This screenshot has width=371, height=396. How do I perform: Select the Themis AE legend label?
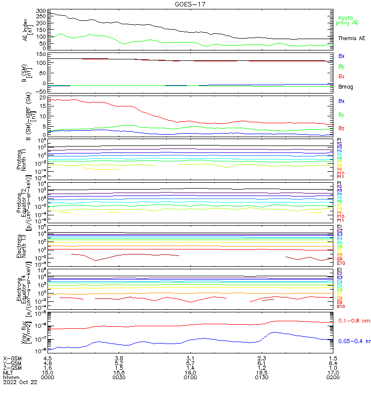(351, 38)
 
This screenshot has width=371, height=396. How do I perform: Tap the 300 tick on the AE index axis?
(41, 10)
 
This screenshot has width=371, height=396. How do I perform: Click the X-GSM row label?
(11, 357)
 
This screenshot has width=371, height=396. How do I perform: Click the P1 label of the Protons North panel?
(339, 140)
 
